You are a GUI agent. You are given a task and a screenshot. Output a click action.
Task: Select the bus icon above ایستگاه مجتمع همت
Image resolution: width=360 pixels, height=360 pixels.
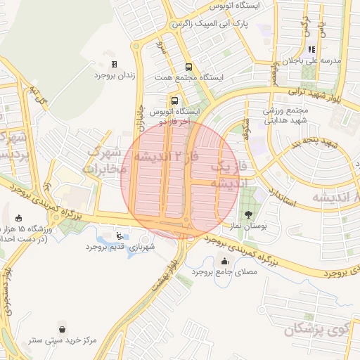pos(187,67)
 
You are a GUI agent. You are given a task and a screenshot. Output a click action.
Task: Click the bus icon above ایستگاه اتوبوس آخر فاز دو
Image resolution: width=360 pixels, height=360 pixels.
pos(174,101)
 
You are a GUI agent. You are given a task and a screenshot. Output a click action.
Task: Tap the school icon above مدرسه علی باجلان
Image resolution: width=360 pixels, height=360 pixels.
pos(310,49)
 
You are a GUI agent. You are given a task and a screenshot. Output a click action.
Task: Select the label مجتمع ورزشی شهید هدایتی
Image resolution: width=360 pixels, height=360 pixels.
pos(268,115)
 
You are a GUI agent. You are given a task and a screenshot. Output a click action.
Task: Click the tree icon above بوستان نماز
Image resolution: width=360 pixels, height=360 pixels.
pos(247,214)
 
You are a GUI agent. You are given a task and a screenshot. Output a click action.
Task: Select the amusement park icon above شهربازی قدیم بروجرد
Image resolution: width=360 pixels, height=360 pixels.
pos(120,236)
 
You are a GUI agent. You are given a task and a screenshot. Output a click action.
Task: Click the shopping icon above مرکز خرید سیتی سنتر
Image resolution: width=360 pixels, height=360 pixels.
pos(64,328)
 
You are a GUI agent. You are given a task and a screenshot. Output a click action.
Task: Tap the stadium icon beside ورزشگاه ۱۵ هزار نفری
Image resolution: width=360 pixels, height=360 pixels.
pos(18,217)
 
